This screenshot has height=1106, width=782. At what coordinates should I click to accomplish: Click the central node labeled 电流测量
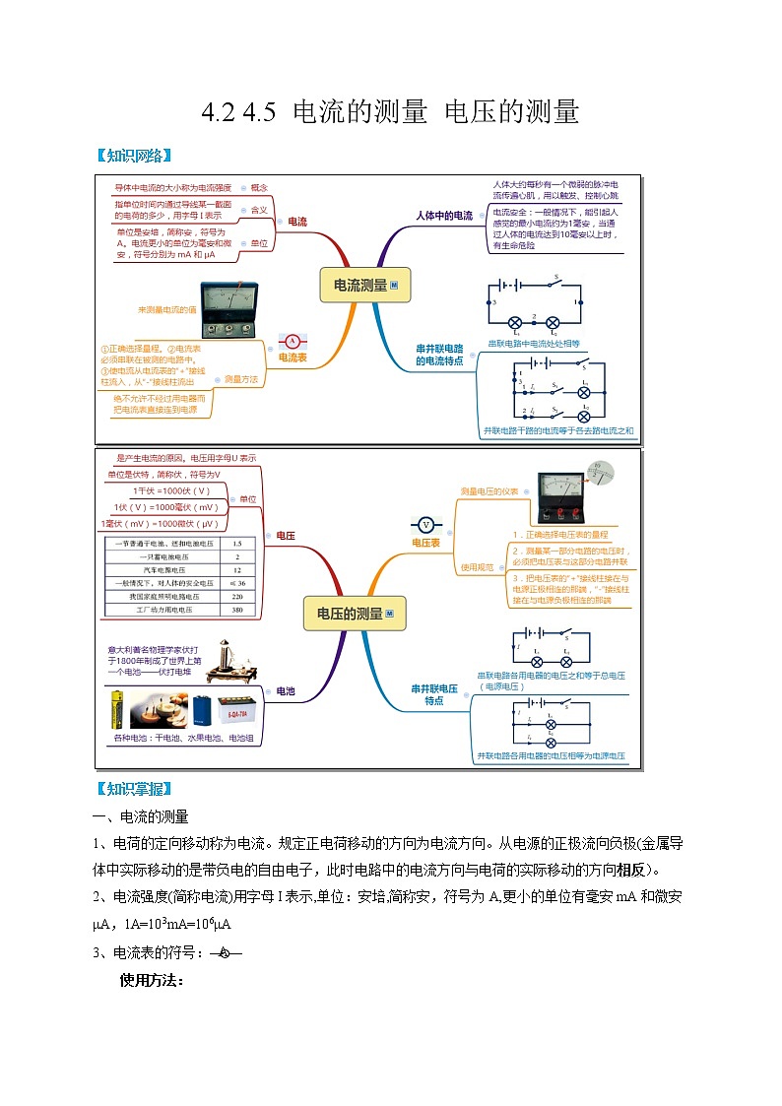click(364, 286)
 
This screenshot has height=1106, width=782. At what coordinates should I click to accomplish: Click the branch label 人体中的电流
click(443, 215)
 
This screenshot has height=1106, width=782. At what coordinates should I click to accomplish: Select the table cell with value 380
click(236, 611)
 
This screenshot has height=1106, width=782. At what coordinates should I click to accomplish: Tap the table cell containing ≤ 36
click(236, 583)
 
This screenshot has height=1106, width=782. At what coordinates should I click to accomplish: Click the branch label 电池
click(286, 691)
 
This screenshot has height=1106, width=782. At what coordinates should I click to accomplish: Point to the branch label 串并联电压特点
click(434, 694)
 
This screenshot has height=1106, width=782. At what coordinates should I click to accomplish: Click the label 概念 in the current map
click(259, 186)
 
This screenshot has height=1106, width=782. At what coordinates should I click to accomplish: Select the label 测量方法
click(241, 378)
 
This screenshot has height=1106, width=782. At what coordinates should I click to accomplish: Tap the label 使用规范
click(476, 567)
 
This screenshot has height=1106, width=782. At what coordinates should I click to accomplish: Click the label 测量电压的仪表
click(489, 490)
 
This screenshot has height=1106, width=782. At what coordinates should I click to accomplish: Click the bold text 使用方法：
click(152, 980)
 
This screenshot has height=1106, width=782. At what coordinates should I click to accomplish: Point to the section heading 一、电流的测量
click(140, 817)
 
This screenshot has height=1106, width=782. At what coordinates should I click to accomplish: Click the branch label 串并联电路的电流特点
click(439, 355)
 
